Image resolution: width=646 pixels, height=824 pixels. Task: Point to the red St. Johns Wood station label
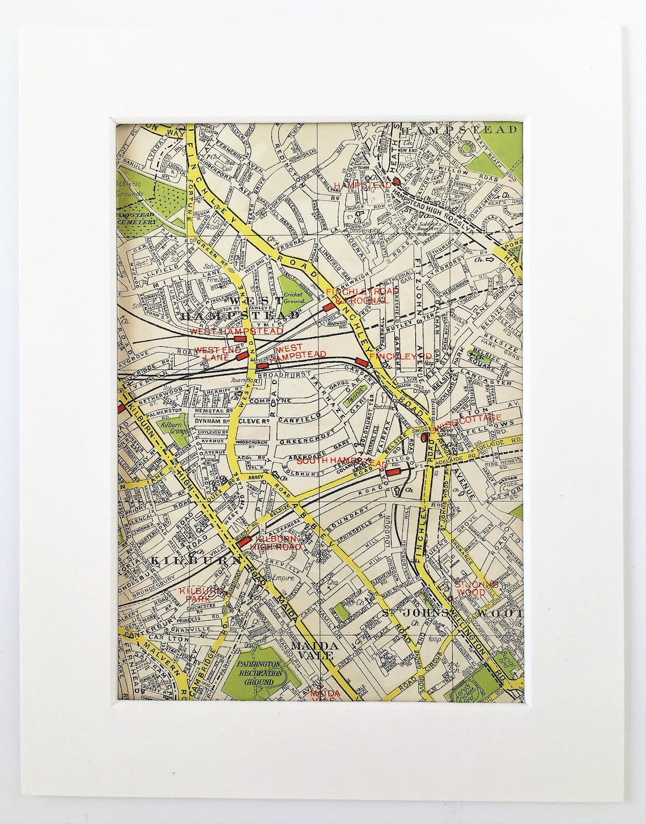click(x=475, y=588)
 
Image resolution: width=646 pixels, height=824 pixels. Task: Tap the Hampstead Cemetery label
click(x=136, y=219)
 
